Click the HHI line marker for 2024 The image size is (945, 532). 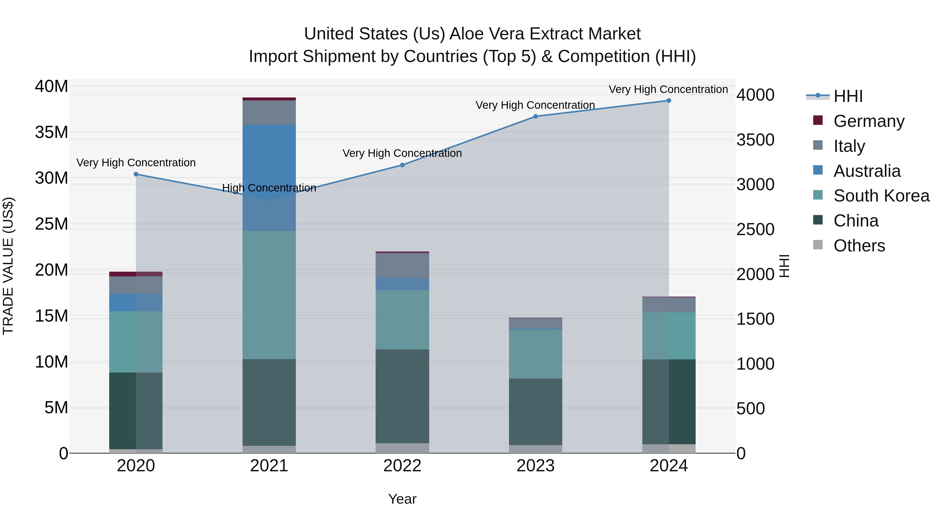click(668, 101)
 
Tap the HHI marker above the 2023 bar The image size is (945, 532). click(535, 116)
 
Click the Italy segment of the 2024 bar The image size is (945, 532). click(668, 305)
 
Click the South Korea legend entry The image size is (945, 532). click(881, 196)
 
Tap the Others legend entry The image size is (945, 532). click(859, 246)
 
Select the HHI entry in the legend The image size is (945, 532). click(847, 96)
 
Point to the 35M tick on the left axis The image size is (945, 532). click(51, 132)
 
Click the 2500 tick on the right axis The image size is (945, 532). click(755, 229)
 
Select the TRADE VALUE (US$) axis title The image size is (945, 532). click(8, 266)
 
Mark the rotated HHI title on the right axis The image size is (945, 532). click(784, 266)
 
